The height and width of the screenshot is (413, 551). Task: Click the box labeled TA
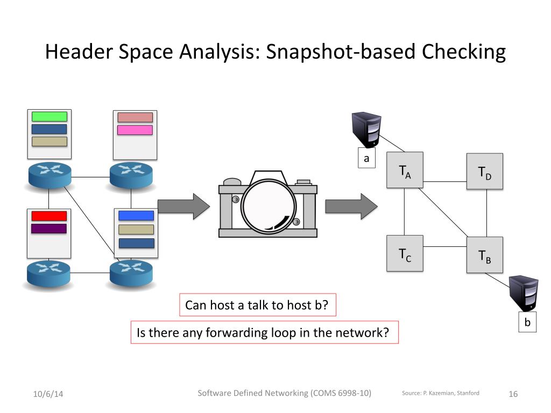[x=405, y=170]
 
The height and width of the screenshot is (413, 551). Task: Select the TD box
[x=484, y=171]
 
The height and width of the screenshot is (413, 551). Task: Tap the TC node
[x=405, y=254]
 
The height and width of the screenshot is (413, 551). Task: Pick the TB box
[x=484, y=255]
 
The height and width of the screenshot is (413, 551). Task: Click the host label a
[x=366, y=159]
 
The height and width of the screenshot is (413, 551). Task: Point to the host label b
[x=527, y=323]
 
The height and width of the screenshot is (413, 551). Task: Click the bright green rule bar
[x=49, y=116]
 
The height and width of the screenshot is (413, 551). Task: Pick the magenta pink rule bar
[x=135, y=130]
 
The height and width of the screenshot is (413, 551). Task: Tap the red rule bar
[x=49, y=216]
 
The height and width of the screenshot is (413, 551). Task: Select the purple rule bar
[x=49, y=229]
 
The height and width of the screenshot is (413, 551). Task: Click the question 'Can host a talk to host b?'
[x=257, y=305]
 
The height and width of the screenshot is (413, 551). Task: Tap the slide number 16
[x=513, y=394]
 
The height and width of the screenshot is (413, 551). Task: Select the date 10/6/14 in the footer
[x=48, y=394]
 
